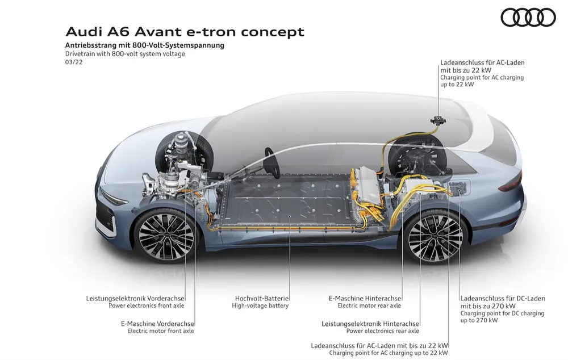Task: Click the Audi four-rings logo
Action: pos(528,18)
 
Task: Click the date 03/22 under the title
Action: pos(74,62)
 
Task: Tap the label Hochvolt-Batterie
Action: pos(261,299)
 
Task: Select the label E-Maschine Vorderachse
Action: pos(157,324)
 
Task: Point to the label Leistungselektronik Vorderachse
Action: pos(135,299)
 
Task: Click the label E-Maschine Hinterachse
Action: pos(365,299)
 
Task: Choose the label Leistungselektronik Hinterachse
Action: pos(370,324)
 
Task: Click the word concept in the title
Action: pos(273,32)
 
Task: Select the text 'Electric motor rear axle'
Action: pos(369,305)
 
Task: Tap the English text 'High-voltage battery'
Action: pos(260,305)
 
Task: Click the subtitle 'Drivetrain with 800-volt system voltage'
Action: pos(125,54)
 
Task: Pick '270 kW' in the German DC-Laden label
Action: pos(504,306)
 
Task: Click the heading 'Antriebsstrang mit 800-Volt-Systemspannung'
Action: pos(144,45)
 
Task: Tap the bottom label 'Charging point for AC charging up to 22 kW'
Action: pos(389,353)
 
